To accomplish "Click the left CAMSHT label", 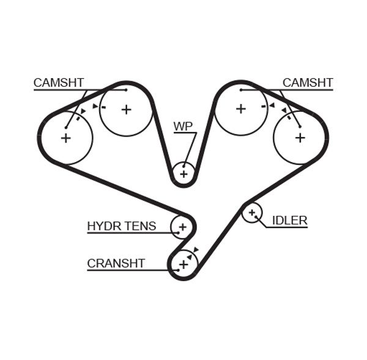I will point(59,83).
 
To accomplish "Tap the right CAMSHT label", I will point(308,83).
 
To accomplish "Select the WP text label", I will point(183,127).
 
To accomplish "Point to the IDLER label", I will point(289,221).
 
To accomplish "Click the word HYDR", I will point(104,226).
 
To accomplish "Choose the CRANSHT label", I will point(116,263).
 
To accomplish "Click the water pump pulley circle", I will point(183,174).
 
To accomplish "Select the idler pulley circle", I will point(251,213).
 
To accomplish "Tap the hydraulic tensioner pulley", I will point(182,227).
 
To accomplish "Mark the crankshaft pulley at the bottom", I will point(183,264).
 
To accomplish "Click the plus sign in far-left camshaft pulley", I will point(65,138).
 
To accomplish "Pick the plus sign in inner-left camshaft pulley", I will point(126,109).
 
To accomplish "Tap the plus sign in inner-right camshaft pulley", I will point(241,109).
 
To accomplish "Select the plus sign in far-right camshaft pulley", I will point(300,138).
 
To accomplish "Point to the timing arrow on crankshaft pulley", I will point(195,250).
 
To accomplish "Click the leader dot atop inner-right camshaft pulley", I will point(241,90).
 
